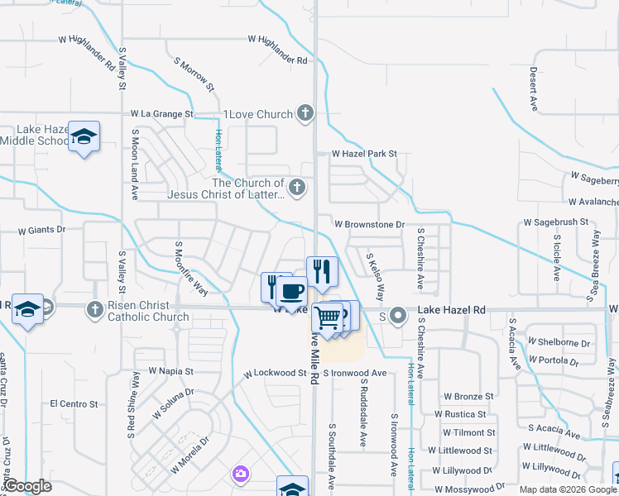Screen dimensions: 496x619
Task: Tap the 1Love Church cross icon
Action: [x=305, y=113]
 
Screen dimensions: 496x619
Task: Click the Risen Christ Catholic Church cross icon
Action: [x=96, y=308]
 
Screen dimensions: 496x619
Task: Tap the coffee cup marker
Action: [x=290, y=292]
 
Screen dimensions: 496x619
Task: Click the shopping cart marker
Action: [x=328, y=316]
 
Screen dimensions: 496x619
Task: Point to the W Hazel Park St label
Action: [x=364, y=154]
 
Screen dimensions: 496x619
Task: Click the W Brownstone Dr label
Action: [x=369, y=224]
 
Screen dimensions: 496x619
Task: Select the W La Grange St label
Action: [x=161, y=113]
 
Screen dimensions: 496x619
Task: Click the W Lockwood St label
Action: [x=275, y=374]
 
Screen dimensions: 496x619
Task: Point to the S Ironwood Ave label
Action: [x=355, y=374]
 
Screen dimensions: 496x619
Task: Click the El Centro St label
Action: [x=74, y=404]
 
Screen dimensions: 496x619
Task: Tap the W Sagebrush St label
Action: [x=555, y=222]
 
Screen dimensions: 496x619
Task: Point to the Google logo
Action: [x=27, y=487]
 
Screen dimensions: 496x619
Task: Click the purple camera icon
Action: [x=240, y=474]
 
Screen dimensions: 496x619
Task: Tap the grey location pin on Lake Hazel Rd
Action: [x=398, y=314]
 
